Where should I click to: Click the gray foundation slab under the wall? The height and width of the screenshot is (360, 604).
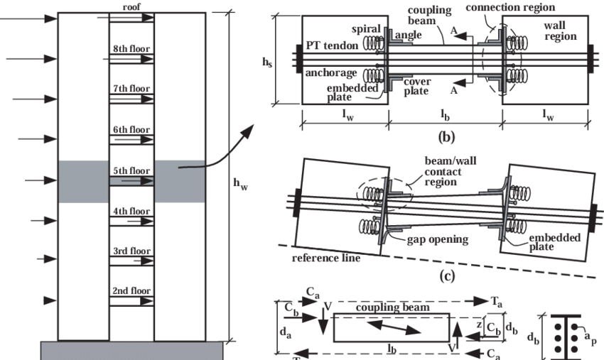coord(131,350)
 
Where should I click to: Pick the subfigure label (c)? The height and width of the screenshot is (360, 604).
coord(446,277)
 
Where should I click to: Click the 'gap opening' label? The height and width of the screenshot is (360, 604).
coord(438,240)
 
